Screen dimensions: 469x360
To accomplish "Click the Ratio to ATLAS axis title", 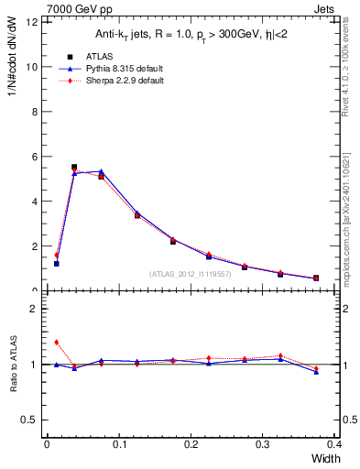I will [13, 365].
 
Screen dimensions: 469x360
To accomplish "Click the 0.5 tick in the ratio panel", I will [29, 420].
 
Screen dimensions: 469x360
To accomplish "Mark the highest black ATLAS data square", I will [74, 168].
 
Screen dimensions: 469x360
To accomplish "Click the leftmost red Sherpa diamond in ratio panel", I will [56, 343].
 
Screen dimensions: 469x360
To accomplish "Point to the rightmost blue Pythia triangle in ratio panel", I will [316, 372].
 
